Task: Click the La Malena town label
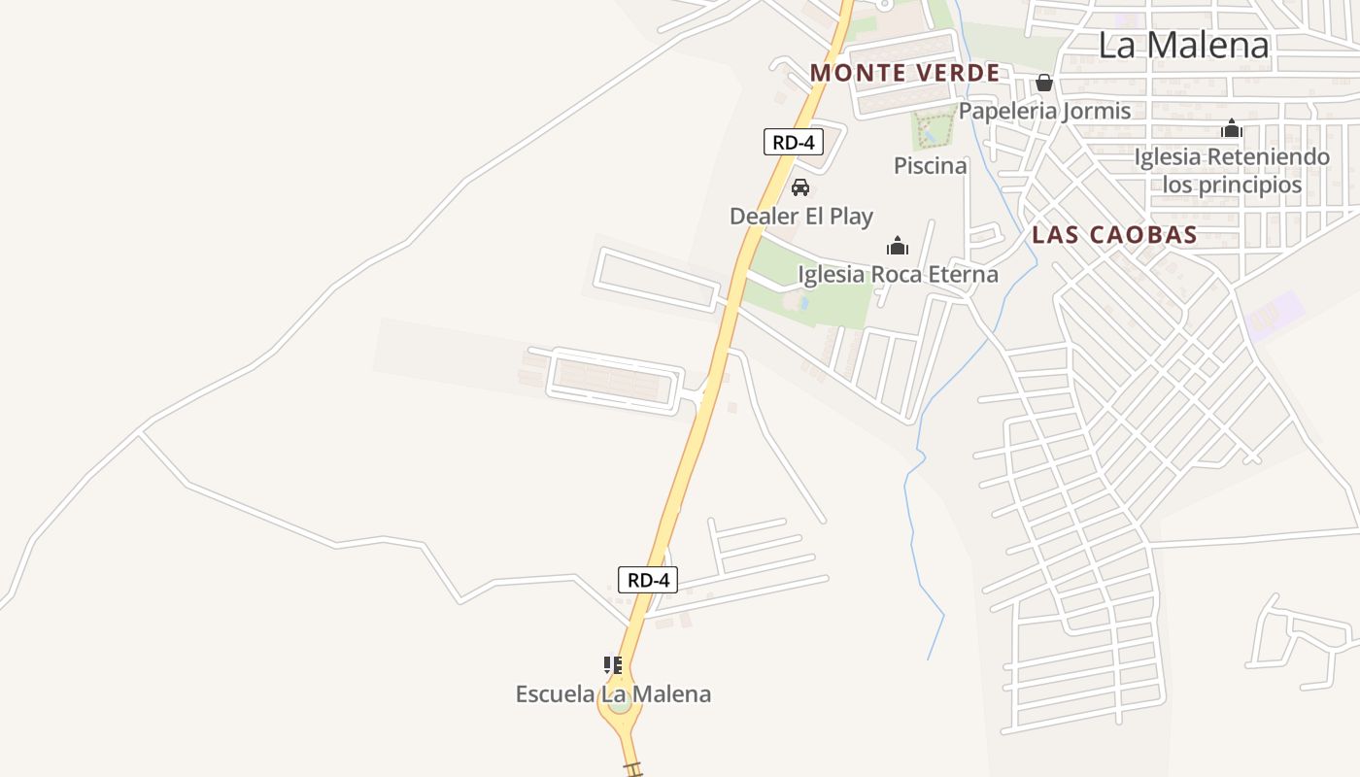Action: [x=1184, y=46]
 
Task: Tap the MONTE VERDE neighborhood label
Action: [x=904, y=73]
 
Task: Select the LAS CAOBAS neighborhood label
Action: [x=1114, y=235]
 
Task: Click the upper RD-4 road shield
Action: [x=794, y=142]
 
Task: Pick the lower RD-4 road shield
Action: [x=648, y=580]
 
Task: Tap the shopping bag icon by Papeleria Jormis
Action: [x=1044, y=83]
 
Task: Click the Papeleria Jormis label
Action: [x=1044, y=111]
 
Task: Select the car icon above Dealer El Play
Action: [x=800, y=187]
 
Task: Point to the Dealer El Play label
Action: [x=801, y=216]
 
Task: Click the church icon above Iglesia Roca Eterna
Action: [x=898, y=246]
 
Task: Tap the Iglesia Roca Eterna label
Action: [x=898, y=274]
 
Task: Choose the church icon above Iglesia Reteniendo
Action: [x=1232, y=128]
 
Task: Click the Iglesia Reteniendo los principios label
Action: [x=1232, y=170]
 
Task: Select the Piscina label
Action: [x=930, y=165]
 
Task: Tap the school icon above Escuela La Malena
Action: [x=613, y=665]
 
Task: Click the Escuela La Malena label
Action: [x=613, y=693]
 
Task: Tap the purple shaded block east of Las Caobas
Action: [x=1275, y=316]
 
